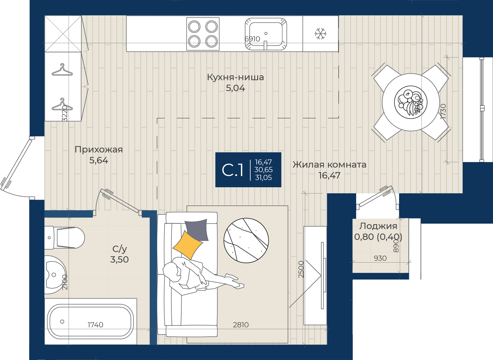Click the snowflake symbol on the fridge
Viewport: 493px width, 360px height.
[320, 34]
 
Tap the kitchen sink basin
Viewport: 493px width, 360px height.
[266, 34]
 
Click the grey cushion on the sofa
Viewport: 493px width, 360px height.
[196, 230]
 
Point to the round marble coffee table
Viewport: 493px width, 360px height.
[246, 241]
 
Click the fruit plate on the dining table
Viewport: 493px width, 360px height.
[411, 102]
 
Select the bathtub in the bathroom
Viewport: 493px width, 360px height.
[90, 322]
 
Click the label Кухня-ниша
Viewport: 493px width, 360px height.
[235, 77]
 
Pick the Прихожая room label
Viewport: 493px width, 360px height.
[99, 149]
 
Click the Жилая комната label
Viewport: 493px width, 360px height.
[329, 165]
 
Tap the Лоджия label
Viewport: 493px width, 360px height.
[378, 226]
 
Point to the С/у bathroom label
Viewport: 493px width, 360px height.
[119, 249]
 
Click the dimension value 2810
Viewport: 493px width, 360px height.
[241, 325]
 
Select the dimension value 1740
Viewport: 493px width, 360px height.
[95, 325]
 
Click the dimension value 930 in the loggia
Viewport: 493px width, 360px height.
[380, 258]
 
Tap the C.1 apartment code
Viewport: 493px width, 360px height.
[232, 170]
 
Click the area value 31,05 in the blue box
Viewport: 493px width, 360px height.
[264, 177]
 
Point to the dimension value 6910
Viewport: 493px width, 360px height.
[252, 39]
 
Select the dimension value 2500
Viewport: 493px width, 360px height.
[301, 269]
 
